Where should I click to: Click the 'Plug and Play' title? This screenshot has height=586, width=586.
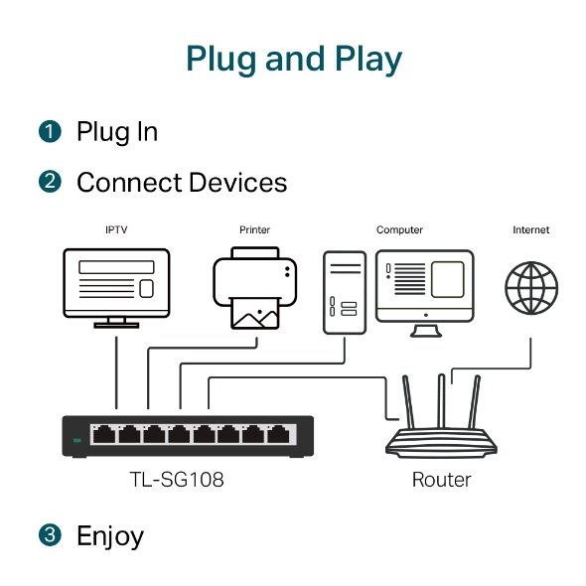pos(293,59)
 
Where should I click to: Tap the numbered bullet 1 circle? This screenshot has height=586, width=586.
pos(50,131)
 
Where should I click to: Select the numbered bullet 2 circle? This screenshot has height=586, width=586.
pos(50,183)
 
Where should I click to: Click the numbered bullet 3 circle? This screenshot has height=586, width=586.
pos(50,536)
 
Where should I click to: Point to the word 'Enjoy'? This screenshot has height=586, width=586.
pos(110,537)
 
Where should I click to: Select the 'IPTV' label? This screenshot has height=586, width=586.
pos(116,230)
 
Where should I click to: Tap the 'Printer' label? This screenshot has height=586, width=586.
pos(254,230)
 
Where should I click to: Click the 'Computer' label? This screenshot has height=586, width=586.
pos(399,230)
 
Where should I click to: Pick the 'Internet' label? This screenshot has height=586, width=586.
pos(531,230)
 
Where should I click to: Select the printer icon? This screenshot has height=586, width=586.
pos(255,290)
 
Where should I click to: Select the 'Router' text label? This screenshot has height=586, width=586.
pos(442,481)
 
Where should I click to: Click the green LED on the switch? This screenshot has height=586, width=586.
pos(77,438)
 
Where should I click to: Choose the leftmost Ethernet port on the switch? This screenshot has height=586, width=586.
pos(103,434)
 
